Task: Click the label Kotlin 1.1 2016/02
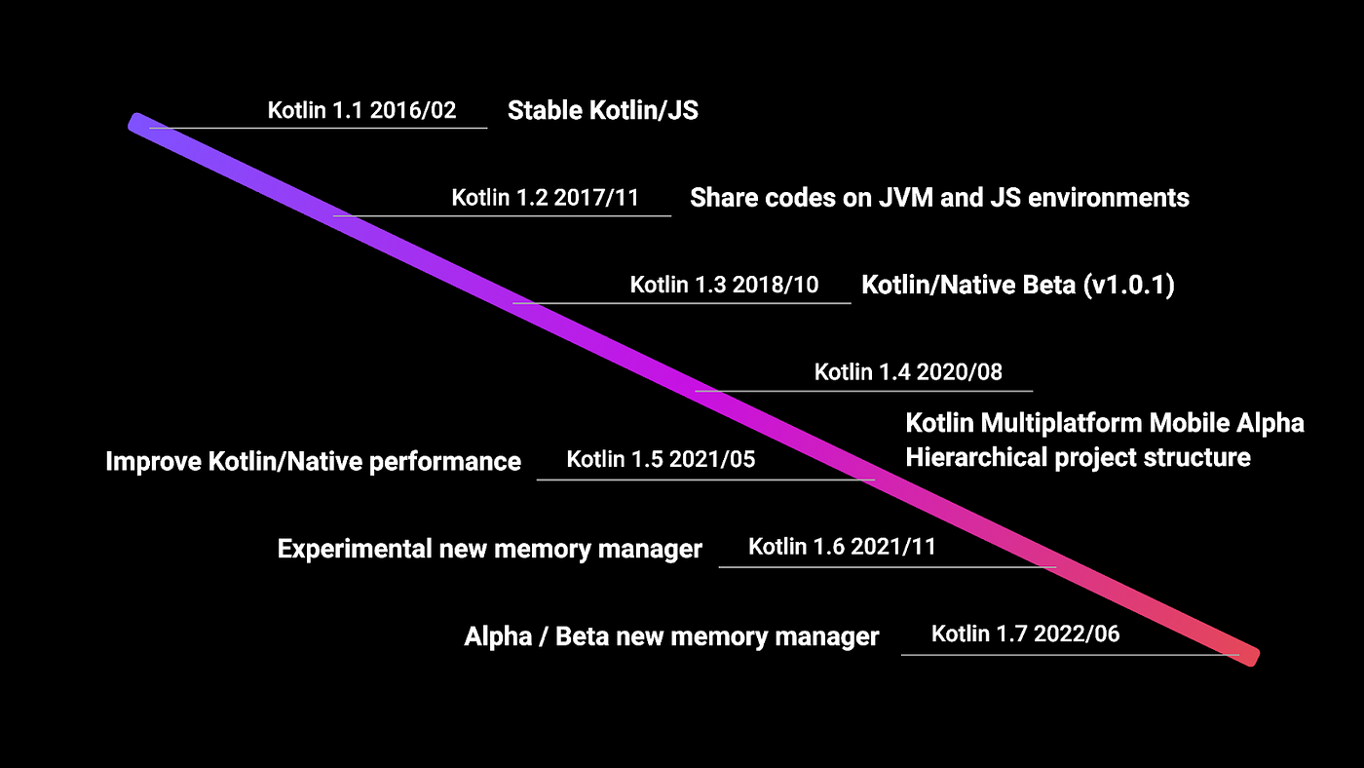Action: click(x=361, y=110)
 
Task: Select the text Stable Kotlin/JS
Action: click(x=602, y=110)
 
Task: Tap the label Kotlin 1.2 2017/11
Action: click(x=545, y=198)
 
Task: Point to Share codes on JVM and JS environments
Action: click(x=939, y=198)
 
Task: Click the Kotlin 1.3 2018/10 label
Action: click(x=724, y=286)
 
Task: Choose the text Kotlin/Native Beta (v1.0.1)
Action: click(x=1017, y=286)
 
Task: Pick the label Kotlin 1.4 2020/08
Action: click(x=908, y=371)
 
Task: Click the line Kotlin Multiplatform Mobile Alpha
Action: click(x=1105, y=423)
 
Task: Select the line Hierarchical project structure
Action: click(x=1078, y=457)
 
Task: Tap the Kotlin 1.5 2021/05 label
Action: click(x=661, y=459)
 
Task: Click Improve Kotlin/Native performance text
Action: click(x=313, y=461)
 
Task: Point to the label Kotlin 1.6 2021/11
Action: click(x=842, y=547)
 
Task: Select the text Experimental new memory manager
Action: click(x=489, y=549)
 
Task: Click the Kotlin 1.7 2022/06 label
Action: click(x=1025, y=634)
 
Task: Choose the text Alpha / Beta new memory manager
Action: click(x=671, y=637)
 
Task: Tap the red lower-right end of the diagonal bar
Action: click(x=1248, y=654)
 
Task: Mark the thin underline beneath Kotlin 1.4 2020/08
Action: click(x=863, y=391)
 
